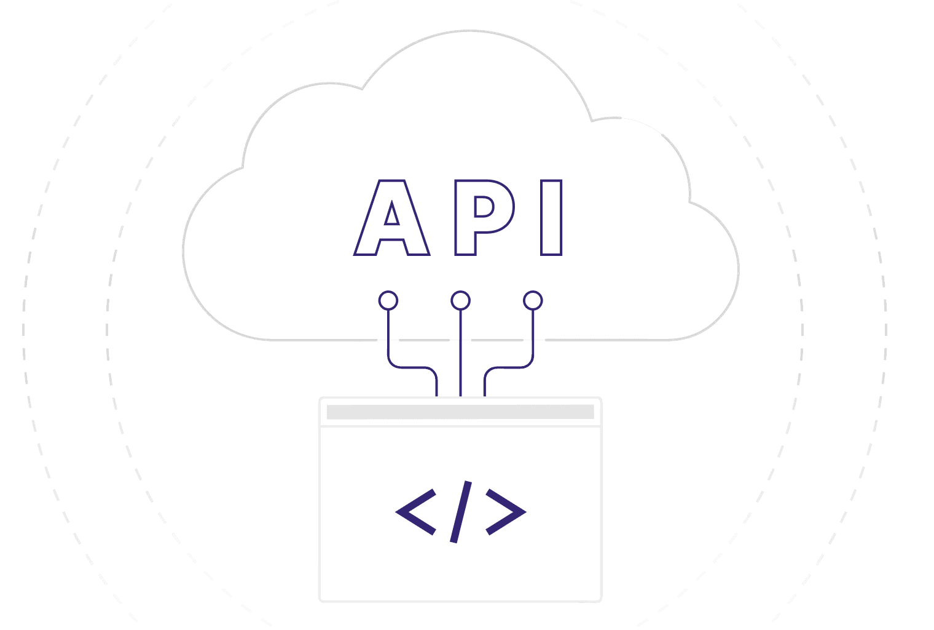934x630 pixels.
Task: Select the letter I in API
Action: pyautogui.click(x=551, y=217)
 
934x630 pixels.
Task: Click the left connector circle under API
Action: pyautogui.click(x=388, y=301)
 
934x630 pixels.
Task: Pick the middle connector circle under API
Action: pyautogui.click(x=460, y=301)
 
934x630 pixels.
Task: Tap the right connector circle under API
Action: pyautogui.click(x=533, y=301)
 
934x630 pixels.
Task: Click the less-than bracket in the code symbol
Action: pyautogui.click(x=416, y=511)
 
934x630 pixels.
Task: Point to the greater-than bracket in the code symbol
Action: pyautogui.click(x=506, y=511)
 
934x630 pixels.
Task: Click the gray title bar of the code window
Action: pyautogui.click(x=460, y=412)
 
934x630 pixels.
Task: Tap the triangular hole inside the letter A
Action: pyautogui.click(x=391, y=216)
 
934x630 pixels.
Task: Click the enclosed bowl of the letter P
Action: pyautogui.click(x=484, y=207)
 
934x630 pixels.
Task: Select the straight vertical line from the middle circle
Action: pyautogui.click(x=460, y=351)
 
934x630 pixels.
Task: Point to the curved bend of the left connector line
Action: pyautogui.click(x=393, y=364)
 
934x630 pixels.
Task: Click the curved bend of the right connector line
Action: pyautogui.click(x=528, y=364)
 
